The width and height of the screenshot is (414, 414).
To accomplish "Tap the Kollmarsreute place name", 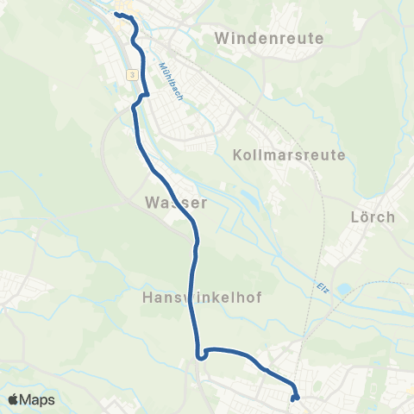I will pyautogui.click(x=289, y=155).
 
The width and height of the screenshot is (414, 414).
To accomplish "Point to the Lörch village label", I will pyautogui.click(x=374, y=216).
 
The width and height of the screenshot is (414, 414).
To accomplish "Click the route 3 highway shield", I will pyautogui.click(x=131, y=76).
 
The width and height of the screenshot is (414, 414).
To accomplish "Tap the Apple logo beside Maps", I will pyautogui.click(x=15, y=399).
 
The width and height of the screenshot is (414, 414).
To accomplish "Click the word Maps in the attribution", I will pyautogui.click(x=38, y=399).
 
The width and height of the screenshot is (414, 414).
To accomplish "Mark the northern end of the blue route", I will pyautogui.click(x=116, y=15).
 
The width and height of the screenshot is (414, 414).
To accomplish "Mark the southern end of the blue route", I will pyautogui.click(x=294, y=398).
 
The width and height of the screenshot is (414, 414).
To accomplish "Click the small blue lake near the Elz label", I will pyautogui.click(x=344, y=291).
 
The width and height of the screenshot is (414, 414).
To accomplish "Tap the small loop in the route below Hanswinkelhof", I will pyautogui.click(x=200, y=353).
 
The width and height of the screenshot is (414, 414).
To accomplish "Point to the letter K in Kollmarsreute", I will pyautogui.click(x=238, y=155).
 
